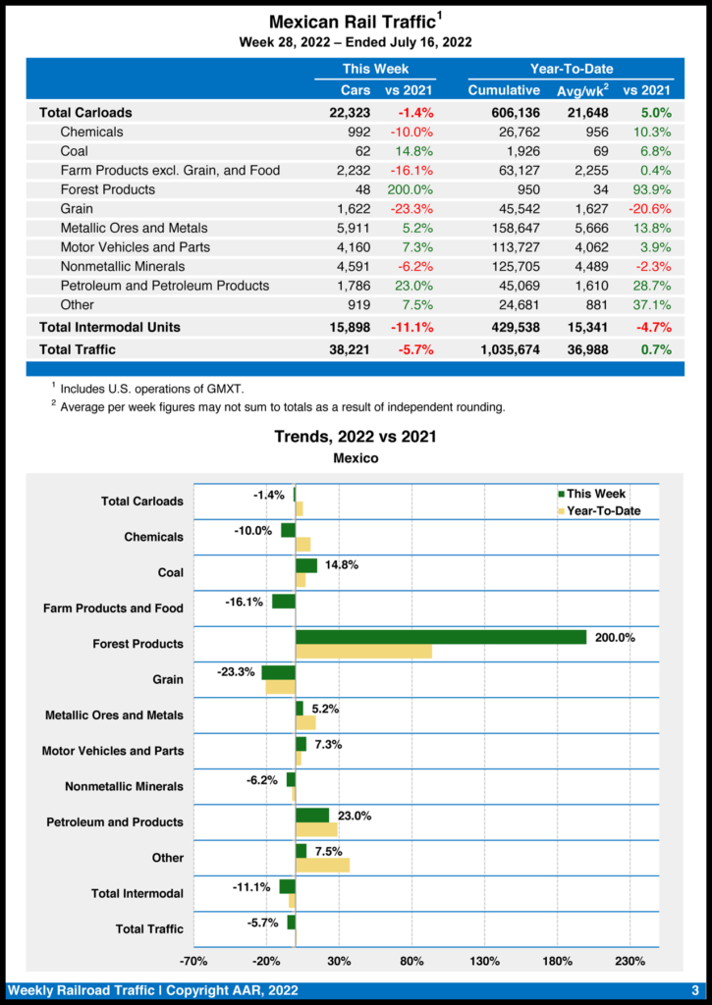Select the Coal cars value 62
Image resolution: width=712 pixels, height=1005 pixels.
pyautogui.click(x=360, y=151)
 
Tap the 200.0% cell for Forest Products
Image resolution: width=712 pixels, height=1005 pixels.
pyautogui.click(x=411, y=189)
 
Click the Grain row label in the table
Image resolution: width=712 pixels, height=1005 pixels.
pyautogui.click(x=77, y=208)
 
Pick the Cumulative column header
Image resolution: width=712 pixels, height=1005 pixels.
pyautogui.click(x=504, y=90)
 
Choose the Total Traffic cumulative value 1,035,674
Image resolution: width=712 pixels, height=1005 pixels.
pyautogui.click(x=505, y=348)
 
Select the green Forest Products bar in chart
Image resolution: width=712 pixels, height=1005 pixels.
pyautogui.click(x=441, y=637)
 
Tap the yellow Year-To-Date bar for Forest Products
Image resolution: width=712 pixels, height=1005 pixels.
pyautogui.click(x=363, y=652)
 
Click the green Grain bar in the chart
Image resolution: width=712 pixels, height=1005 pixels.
pyautogui.click(x=278, y=672)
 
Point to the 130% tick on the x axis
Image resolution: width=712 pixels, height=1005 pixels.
pyautogui.click(x=485, y=961)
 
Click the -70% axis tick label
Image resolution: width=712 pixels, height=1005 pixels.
pyautogui.click(x=193, y=961)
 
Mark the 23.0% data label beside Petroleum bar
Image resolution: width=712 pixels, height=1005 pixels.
pyautogui.click(x=355, y=815)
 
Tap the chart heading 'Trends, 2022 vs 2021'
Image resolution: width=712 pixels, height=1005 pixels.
pyautogui.click(x=356, y=437)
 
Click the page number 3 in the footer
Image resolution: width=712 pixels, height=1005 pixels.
pyautogui.click(x=693, y=990)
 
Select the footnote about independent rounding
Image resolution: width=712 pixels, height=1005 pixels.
pyautogui.click(x=282, y=407)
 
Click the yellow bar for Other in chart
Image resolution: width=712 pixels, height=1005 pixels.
pyautogui.click(x=322, y=865)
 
